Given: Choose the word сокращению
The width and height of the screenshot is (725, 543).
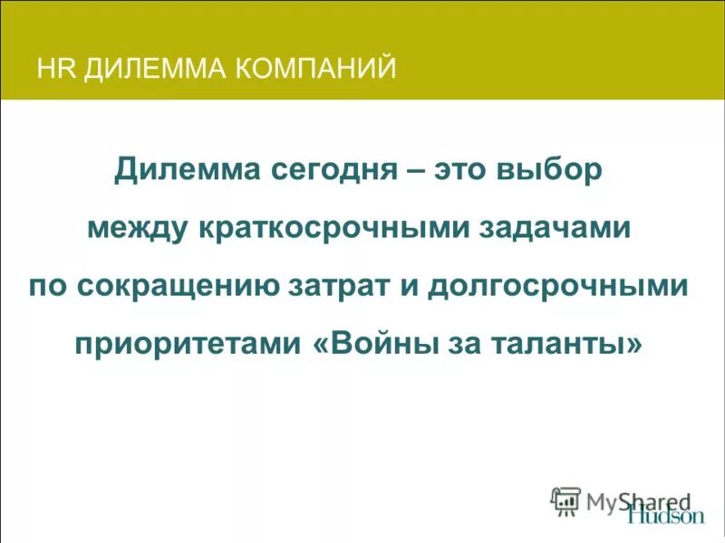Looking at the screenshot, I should click(x=178, y=287).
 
